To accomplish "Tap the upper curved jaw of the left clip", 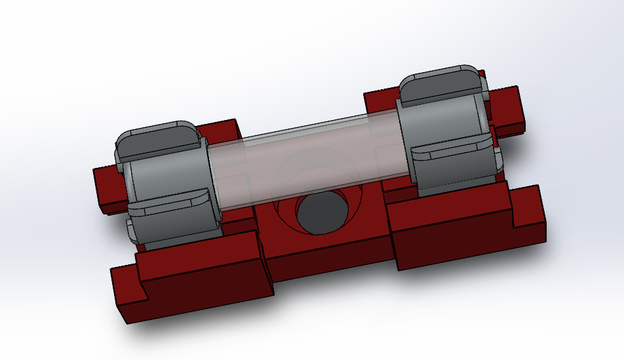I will (157, 139).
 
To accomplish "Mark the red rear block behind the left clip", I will (220, 134).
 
